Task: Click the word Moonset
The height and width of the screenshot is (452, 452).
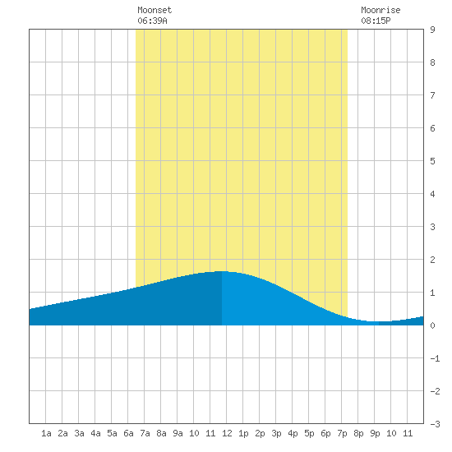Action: pyautogui.click(x=155, y=10)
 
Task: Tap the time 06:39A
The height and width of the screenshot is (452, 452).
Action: pyautogui.click(x=152, y=21)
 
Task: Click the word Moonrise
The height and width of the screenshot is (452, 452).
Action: pyautogui.click(x=381, y=10)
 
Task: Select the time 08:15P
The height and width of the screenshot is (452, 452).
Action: pyautogui.click(x=376, y=21)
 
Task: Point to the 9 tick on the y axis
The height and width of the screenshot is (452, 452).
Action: pyautogui.click(x=432, y=30)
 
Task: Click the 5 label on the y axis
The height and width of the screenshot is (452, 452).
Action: pyautogui.click(x=432, y=161)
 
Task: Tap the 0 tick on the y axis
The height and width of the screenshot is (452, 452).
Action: pyautogui.click(x=432, y=325)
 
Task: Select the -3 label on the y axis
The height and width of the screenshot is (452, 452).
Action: pyautogui.click(x=435, y=424)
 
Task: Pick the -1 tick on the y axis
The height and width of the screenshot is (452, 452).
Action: pyautogui.click(x=435, y=358)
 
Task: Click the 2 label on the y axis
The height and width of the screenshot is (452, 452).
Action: pyautogui.click(x=432, y=260)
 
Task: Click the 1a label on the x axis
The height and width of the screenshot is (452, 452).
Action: pyautogui.click(x=46, y=433)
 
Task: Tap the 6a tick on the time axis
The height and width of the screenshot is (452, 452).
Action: pyautogui.click(x=128, y=433)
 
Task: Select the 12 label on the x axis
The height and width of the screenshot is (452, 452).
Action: pyautogui.click(x=227, y=433)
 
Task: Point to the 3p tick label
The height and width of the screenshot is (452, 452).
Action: pyautogui.click(x=276, y=433)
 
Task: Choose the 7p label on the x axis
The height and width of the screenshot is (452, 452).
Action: pyautogui.click(x=342, y=433)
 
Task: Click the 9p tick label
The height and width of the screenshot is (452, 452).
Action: pyautogui.click(x=375, y=433)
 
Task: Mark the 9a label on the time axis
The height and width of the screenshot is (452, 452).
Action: pyautogui.click(x=178, y=433)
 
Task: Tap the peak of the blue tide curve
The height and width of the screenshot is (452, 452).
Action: pyautogui.click(x=221, y=271)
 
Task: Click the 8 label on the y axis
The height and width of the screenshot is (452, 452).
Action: pyautogui.click(x=432, y=62)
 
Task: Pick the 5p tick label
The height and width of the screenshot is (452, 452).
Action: pyautogui.click(x=309, y=433)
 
